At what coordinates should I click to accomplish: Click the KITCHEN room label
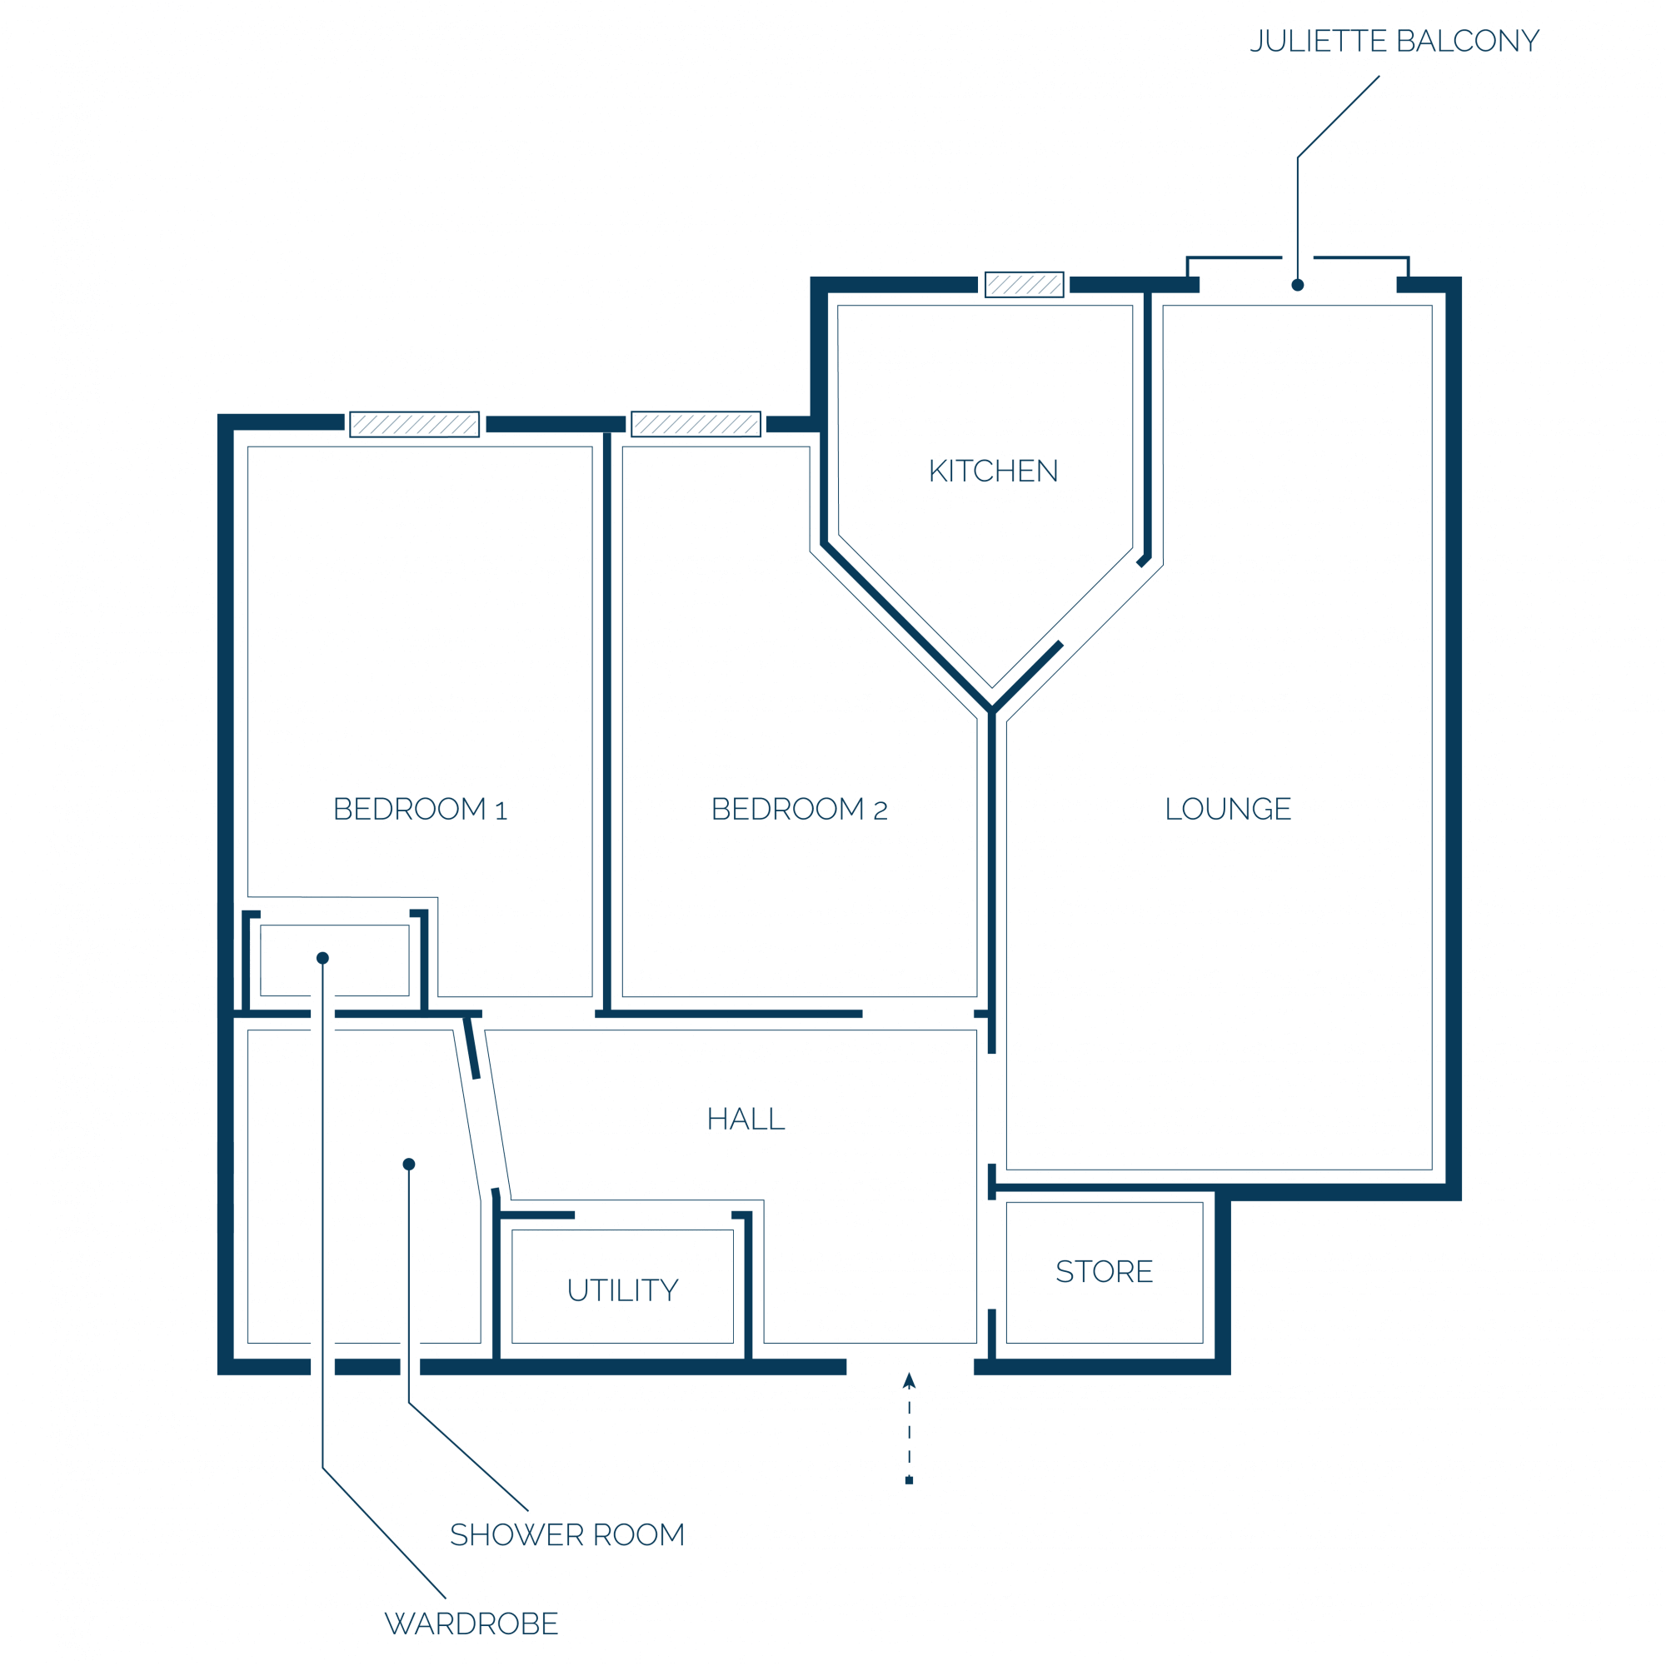[x=994, y=471]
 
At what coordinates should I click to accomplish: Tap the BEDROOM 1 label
[x=420, y=809]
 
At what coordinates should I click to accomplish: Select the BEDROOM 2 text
[x=800, y=809]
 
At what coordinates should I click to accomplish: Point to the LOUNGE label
[x=1228, y=809]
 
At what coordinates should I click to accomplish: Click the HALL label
[x=746, y=1120]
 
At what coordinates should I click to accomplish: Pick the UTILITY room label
[x=622, y=1290]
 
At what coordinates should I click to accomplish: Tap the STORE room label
[x=1105, y=1271]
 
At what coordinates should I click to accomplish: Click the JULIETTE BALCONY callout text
[x=1395, y=42]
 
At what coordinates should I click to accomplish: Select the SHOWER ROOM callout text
[x=567, y=1535]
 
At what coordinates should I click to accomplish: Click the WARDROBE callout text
[x=471, y=1624]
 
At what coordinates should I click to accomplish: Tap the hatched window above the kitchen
[x=1025, y=285]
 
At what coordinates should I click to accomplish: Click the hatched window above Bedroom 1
[x=415, y=424]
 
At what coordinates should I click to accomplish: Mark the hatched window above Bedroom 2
[x=696, y=424]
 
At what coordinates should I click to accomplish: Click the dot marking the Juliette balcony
[x=1298, y=286]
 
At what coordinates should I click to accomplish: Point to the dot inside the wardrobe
[x=322, y=958]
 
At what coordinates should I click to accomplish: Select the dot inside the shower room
[x=409, y=1165]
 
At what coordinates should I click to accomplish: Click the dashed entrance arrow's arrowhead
[x=909, y=1380]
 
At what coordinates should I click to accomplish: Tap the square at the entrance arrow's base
[x=909, y=1480]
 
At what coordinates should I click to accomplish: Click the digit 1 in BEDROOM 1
[x=501, y=811]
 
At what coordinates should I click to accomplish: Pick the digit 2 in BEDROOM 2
[x=880, y=811]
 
